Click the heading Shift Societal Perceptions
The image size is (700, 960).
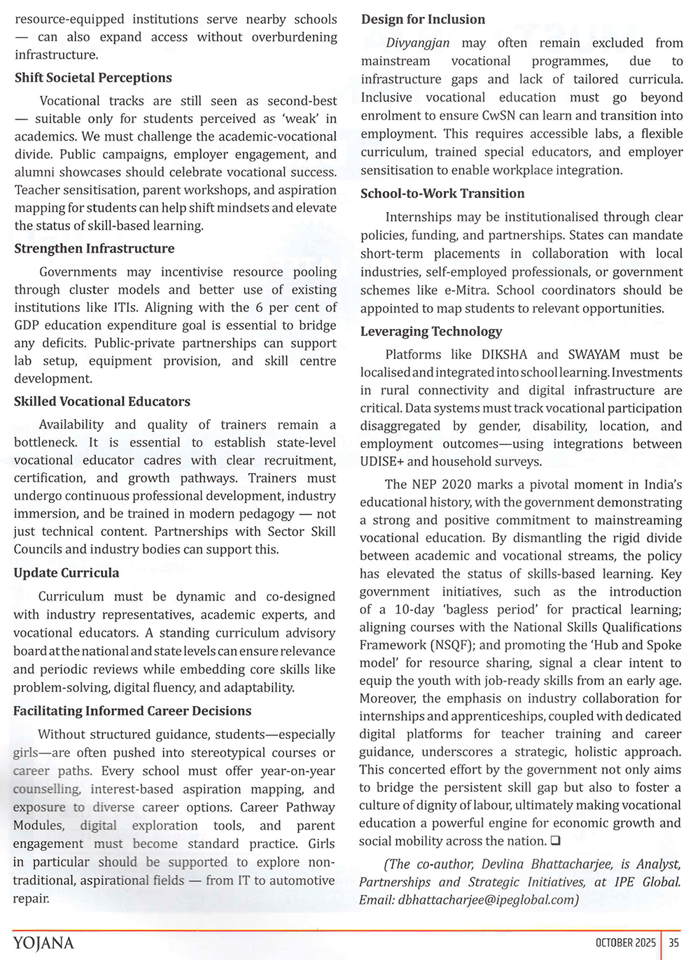(93, 78)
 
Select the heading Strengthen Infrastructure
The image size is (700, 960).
(94, 248)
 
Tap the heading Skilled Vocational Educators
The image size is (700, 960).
(102, 402)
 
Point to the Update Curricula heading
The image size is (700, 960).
(66, 573)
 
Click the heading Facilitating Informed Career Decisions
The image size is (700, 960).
(132, 711)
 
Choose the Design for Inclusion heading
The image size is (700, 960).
(423, 20)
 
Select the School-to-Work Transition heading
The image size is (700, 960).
(442, 194)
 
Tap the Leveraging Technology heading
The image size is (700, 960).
(431, 332)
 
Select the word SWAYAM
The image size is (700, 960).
(594, 355)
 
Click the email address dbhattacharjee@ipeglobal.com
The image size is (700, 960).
(487, 900)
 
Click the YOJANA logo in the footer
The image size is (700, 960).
(43, 943)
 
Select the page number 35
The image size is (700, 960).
(673, 943)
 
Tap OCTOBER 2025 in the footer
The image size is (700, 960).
(626, 943)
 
